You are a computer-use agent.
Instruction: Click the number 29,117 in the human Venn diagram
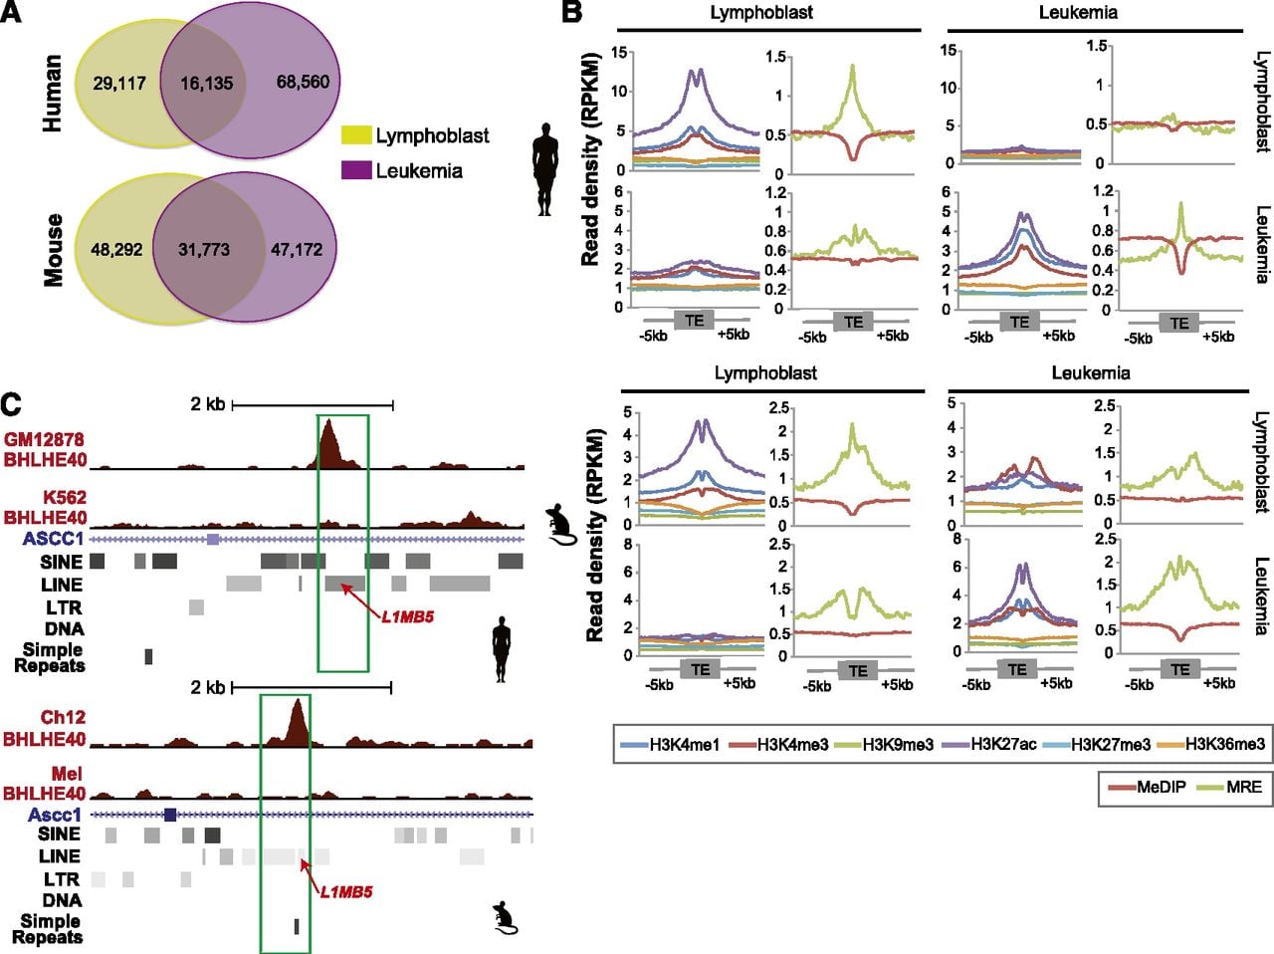coord(119,83)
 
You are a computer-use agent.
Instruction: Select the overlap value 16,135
coord(207,83)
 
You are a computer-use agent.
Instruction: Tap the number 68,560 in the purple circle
coord(303,82)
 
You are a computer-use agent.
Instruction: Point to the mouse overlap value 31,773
coord(204,250)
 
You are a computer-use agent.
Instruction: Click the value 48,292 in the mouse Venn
coord(116,250)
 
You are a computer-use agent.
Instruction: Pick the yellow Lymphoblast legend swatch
coord(355,135)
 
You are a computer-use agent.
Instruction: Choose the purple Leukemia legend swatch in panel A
coord(355,170)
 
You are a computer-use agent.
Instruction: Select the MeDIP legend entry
coord(1147,788)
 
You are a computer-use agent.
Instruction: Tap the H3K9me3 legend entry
coord(884,744)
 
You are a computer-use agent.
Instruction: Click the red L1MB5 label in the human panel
coord(407,616)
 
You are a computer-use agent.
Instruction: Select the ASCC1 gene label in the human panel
coord(54,539)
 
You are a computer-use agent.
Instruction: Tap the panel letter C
coord(11,404)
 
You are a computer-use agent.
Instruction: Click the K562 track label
coord(65,497)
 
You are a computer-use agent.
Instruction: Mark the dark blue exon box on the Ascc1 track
coord(170,815)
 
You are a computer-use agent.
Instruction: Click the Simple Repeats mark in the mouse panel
coord(297,927)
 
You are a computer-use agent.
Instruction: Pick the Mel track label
coord(68,774)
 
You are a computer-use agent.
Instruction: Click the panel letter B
coord(572,12)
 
